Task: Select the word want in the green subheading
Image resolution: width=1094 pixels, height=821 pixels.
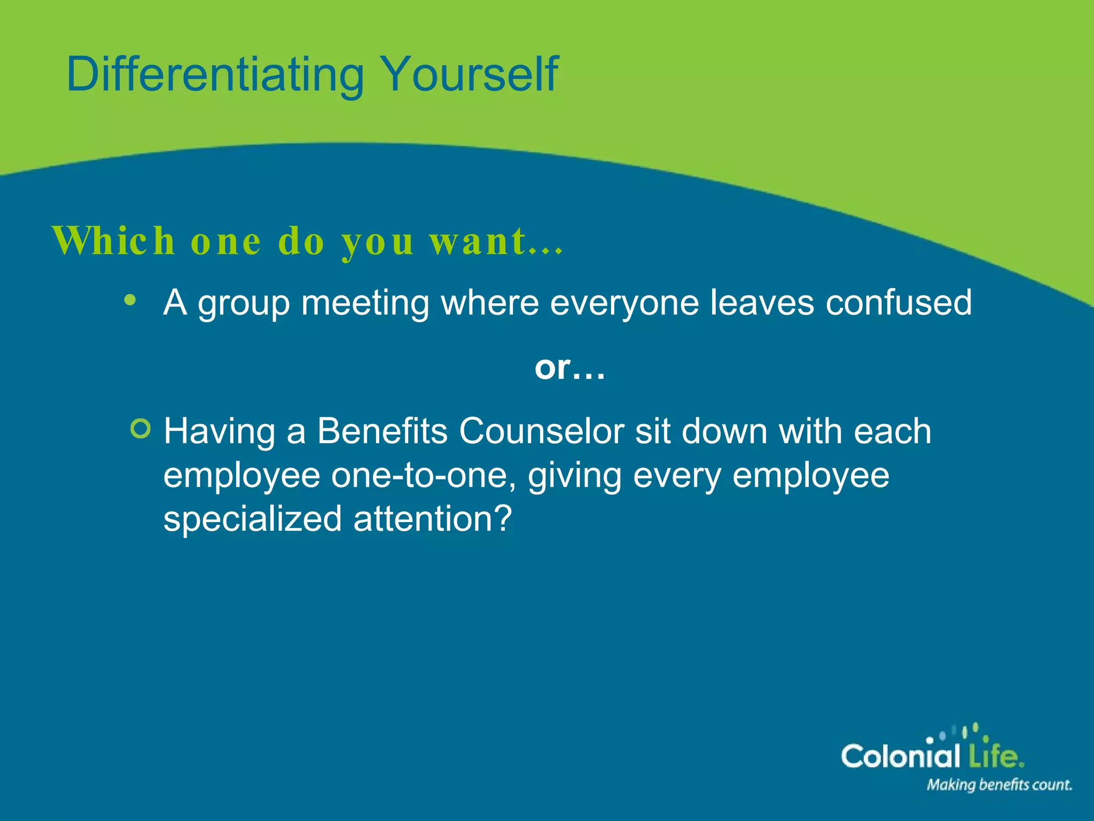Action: (478, 242)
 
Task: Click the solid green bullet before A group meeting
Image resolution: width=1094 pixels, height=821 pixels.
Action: (130, 300)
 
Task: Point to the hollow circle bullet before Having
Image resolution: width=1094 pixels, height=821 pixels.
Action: (140, 428)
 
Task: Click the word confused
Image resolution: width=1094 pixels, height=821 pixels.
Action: (898, 303)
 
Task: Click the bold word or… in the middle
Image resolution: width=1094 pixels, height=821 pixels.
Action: (570, 368)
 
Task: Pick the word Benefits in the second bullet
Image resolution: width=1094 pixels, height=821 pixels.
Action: (382, 431)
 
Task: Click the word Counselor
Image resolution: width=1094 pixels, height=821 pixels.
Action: (541, 431)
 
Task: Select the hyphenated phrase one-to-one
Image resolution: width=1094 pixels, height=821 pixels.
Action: (423, 475)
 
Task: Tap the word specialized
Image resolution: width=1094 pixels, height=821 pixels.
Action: (252, 520)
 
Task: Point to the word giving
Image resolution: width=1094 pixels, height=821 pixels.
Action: (574, 476)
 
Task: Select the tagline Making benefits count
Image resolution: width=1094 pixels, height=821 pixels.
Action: (999, 785)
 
